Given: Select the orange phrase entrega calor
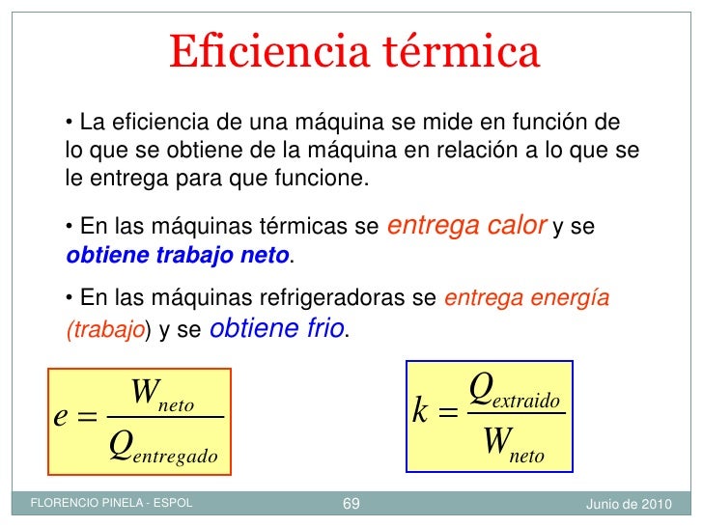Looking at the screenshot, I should (466, 226).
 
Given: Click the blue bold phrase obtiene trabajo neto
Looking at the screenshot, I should (178, 256).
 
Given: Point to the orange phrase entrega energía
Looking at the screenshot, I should (526, 298).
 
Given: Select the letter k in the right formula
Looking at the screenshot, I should (420, 412).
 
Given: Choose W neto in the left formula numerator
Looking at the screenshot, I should (162, 396).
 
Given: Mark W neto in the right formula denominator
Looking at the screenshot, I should (513, 444).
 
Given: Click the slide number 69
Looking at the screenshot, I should (351, 505).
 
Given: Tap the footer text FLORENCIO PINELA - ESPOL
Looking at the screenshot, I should (112, 505).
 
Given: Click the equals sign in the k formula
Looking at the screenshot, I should (447, 414).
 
